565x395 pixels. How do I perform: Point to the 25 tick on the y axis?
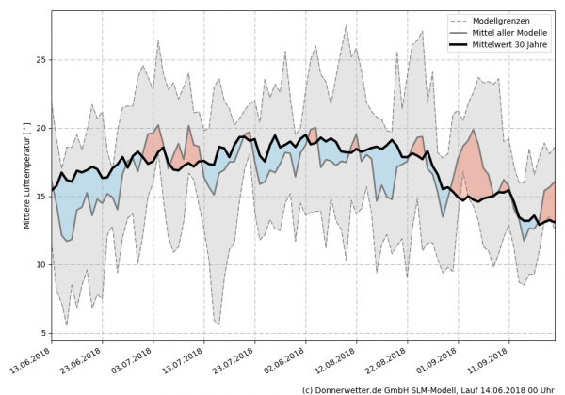click(x=40, y=59)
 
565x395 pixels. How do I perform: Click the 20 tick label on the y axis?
click(x=40, y=128)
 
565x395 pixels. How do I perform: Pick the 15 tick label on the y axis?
click(x=40, y=197)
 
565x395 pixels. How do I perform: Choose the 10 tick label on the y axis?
click(x=40, y=264)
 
